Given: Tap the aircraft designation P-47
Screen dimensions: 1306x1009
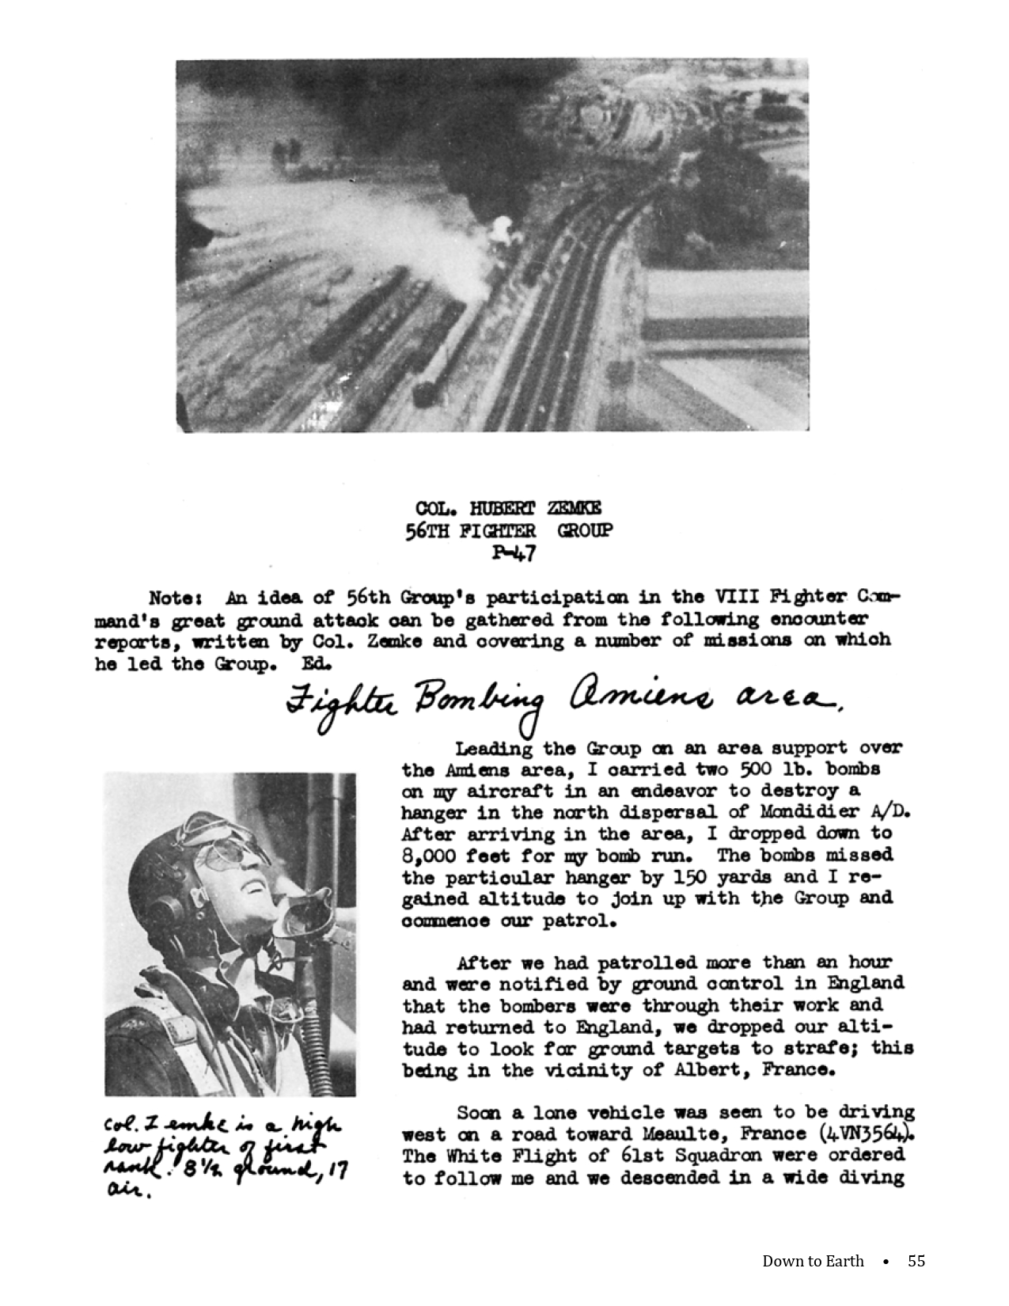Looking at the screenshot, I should (514, 552).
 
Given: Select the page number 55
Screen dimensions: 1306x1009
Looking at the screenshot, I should (916, 1261).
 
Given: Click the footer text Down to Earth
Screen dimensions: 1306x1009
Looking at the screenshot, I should (813, 1261).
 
